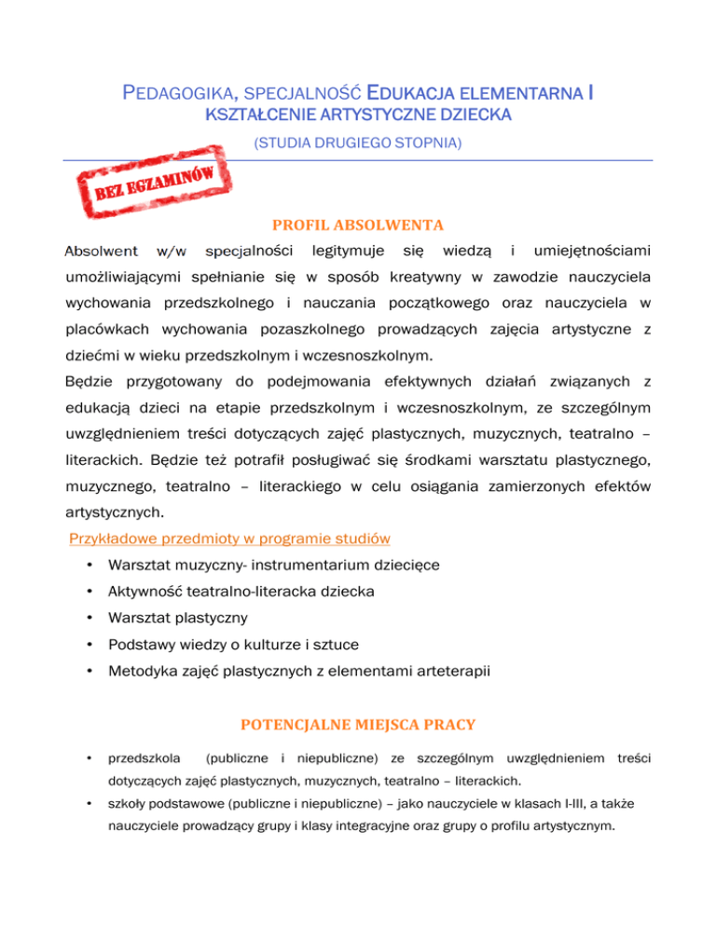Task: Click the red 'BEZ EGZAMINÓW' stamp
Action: pos(158,179)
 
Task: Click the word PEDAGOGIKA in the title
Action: pos(178,93)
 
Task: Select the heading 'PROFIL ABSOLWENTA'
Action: pos(357,225)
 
